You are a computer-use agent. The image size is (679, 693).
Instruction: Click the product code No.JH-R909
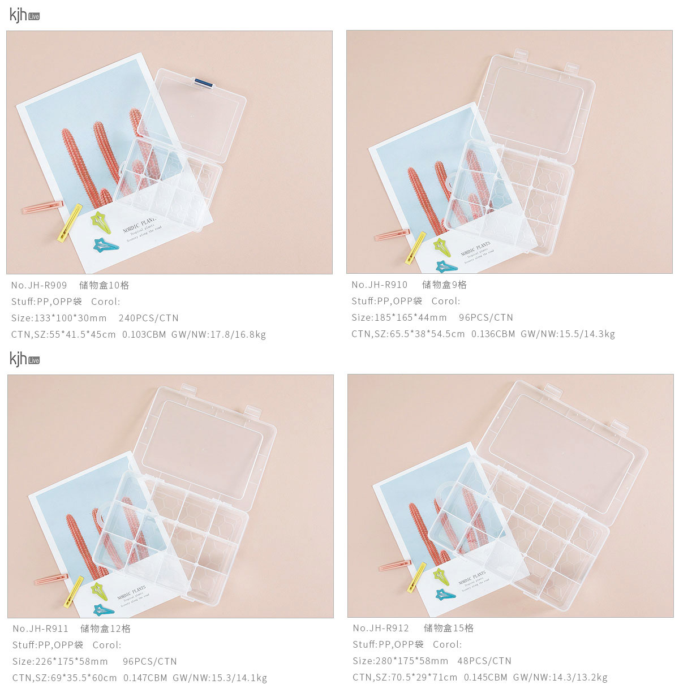point(39,285)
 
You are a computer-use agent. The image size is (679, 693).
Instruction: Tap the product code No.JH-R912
point(381,628)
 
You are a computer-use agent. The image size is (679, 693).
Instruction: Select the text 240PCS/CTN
point(149,318)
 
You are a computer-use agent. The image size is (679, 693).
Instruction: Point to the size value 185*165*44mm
point(411,317)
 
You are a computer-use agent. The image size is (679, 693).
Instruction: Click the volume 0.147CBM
point(145,678)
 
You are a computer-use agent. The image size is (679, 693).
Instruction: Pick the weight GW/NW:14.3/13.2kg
point(560,677)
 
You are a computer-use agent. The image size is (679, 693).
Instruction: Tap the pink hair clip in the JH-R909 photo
point(43,207)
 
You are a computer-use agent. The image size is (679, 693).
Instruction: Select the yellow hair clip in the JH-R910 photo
point(415,248)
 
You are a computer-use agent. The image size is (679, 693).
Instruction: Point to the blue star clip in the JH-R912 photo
point(445,595)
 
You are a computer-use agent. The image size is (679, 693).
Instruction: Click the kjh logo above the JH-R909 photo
point(24,15)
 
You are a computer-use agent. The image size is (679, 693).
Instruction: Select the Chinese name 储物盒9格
point(444,285)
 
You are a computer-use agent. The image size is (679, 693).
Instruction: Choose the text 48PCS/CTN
point(484,661)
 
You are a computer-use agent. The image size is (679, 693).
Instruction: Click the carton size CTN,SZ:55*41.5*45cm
point(63,334)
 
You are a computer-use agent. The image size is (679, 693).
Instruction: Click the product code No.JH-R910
point(380,285)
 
